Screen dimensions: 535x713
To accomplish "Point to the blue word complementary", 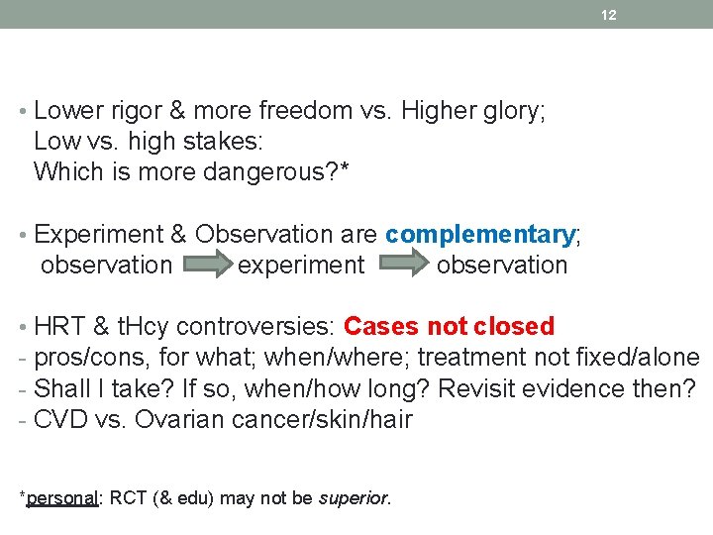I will pyautogui.click(x=479, y=235).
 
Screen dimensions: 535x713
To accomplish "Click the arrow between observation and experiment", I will pyautogui.click(x=205, y=266).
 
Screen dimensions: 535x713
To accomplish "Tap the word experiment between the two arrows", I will pyautogui.click(x=301, y=266).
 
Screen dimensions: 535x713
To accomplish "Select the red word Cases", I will pyautogui.click(x=381, y=327).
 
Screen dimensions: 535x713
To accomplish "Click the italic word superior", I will pyautogui.click(x=354, y=498).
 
